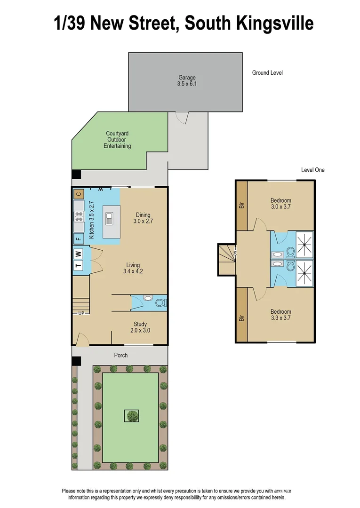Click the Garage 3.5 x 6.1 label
186,81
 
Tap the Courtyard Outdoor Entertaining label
117,140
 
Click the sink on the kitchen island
110,218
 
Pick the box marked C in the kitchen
79,194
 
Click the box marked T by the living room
79,266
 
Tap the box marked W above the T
79,254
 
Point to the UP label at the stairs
81,313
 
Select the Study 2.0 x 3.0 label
140,327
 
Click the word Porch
121,355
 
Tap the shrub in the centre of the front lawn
132,416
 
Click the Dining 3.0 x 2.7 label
143,217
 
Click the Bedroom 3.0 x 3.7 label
281,203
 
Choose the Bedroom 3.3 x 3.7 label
280,315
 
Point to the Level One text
312,170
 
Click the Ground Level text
267,72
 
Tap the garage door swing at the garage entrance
181,117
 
